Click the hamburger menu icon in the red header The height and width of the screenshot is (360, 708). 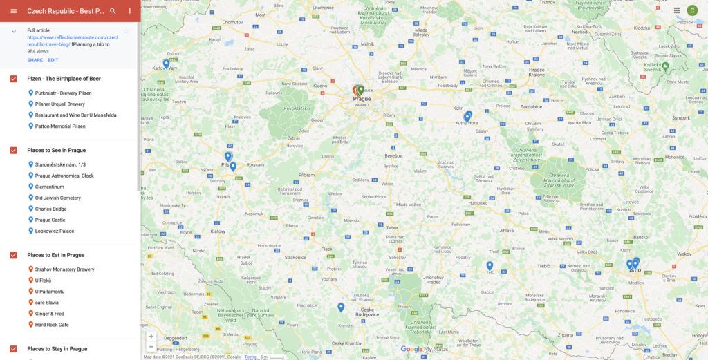tap(13, 11)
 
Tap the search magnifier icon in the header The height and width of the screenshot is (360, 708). tap(113, 11)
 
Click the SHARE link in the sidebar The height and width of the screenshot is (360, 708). tap(35, 60)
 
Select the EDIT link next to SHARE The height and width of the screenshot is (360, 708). tap(53, 60)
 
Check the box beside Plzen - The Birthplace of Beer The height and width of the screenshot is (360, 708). tap(14, 79)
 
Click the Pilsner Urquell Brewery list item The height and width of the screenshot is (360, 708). tap(60, 104)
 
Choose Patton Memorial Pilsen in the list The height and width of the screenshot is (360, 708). tap(60, 126)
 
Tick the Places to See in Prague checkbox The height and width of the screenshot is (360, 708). tap(14, 150)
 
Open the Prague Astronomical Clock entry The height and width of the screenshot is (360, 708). tap(64, 176)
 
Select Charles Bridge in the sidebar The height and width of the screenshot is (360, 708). tap(51, 209)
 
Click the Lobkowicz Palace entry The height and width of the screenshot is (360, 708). tap(55, 231)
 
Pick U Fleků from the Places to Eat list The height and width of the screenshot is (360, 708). tap(43, 281)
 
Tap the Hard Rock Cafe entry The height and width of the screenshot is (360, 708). tap(52, 325)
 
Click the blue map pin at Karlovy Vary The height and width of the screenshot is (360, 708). tap(166, 64)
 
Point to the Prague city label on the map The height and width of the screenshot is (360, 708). tap(362, 99)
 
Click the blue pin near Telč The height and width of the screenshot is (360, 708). tap(490, 265)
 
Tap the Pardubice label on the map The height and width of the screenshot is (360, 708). tap(531, 107)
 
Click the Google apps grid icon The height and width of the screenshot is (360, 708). tap(676, 10)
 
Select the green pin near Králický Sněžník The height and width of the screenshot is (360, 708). tap(665, 66)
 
